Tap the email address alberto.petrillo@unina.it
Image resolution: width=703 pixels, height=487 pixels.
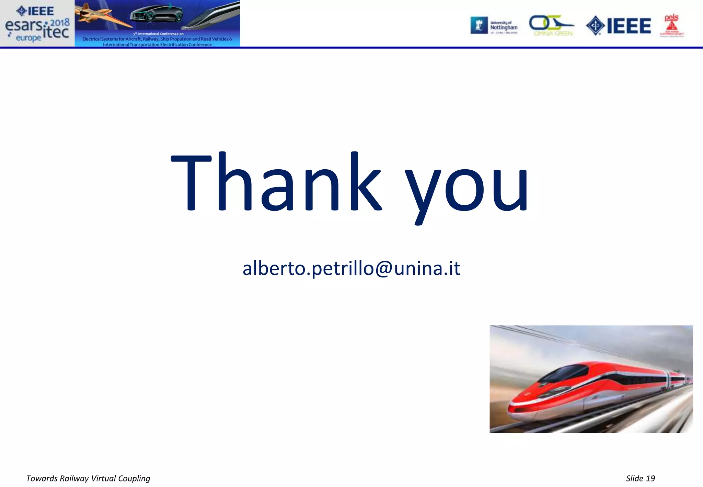pyautogui.click(x=351, y=268)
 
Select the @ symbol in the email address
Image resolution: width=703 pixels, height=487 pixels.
pyautogui.click(x=384, y=269)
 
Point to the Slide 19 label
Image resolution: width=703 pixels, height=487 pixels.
pyautogui.click(x=640, y=478)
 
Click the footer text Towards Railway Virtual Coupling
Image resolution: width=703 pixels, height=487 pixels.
pyautogui.click(x=88, y=478)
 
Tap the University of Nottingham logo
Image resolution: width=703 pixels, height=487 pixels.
pyautogui.click(x=494, y=26)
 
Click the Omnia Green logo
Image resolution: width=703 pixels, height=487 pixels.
pyautogui.click(x=552, y=26)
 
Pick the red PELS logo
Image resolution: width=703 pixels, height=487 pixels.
pyautogui.click(x=671, y=26)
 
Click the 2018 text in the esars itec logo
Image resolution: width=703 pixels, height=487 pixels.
pyautogui.click(x=60, y=23)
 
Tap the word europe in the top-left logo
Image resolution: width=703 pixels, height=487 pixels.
pyautogui.click(x=28, y=38)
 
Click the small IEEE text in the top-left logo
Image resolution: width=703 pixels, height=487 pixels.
pyautogui.click(x=36, y=11)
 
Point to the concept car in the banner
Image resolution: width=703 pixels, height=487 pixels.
pyautogui.click(x=156, y=14)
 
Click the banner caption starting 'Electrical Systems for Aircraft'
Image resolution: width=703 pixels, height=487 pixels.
pyautogui.click(x=157, y=39)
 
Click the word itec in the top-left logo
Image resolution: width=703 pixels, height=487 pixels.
pyautogui.click(x=56, y=32)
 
